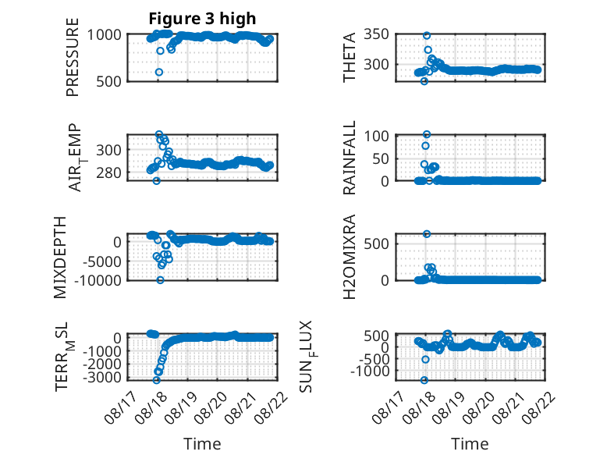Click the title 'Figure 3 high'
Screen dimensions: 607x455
(x=202, y=19)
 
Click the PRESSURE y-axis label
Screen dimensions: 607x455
(x=73, y=57)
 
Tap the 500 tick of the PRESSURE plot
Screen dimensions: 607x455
(x=108, y=81)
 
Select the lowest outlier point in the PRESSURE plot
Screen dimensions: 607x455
(x=158, y=72)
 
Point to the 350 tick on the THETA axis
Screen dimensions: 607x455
(x=376, y=34)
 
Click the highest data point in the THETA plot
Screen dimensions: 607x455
(x=427, y=36)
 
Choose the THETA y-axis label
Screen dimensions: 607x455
(x=350, y=57)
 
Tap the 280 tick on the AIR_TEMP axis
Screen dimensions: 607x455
(x=108, y=172)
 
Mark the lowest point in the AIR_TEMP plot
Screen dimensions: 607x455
(x=156, y=181)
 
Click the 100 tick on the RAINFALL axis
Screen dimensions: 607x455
(x=376, y=136)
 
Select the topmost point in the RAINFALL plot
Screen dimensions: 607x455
(x=427, y=134)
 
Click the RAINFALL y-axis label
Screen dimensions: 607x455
(x=350, y=158)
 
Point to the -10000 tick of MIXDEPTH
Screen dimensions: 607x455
(x=98, y=280)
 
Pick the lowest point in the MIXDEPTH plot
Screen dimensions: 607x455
(x=160, y=280)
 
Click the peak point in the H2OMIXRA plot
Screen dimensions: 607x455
(x=427, y=234)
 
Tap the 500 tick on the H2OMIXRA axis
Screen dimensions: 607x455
(x=376, y=243)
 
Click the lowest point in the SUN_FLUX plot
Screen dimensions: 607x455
(x=424, y=380)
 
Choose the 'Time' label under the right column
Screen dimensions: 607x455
(x=470, y=444)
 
